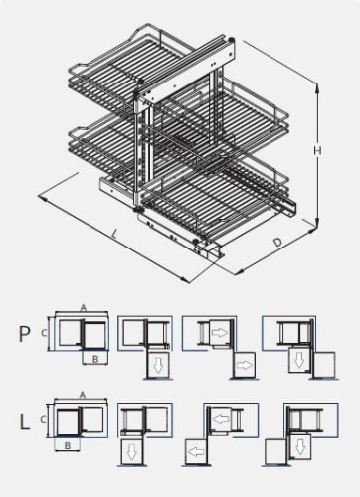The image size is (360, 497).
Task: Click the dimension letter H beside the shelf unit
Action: pos(316,150)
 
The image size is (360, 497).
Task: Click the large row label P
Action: pos(25,333)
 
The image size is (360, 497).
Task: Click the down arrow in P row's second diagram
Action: pos(156,367)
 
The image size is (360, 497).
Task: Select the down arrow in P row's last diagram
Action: pos(295,359)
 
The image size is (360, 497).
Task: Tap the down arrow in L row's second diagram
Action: pos(130,453)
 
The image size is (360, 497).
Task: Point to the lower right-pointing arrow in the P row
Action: pos(245,365)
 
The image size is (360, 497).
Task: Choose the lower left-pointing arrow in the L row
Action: pos(194,453)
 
